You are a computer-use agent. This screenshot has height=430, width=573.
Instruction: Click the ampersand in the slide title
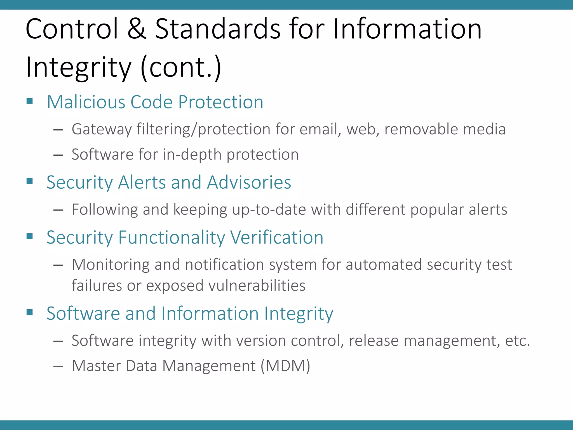(137, 29)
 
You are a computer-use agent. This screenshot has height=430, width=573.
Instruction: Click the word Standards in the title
(218, 29)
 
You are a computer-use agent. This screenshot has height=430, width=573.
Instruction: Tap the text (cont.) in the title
(181, 67)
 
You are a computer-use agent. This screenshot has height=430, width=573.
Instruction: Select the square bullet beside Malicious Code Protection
(30, 101)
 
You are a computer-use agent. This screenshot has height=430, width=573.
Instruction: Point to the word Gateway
(102, 129)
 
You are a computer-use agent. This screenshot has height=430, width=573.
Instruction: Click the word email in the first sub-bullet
(320, 129)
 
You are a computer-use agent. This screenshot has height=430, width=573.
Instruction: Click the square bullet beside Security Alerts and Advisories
(30, 181)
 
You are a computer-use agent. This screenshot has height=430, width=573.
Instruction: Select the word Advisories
(249, 182)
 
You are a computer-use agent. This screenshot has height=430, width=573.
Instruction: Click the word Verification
(277, 237)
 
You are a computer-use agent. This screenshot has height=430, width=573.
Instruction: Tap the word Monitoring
(111, 265)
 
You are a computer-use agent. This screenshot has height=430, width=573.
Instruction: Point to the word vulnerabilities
(257, 286)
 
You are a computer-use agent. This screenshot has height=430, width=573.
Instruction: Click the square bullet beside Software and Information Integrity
(30, 312)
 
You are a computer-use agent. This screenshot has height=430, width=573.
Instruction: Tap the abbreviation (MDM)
(285, 366)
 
